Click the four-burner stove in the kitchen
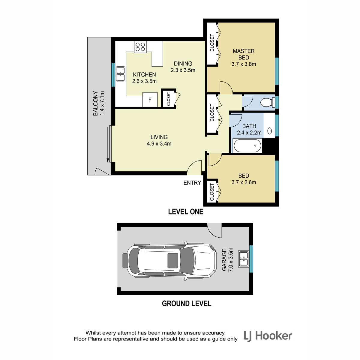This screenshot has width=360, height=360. pos(140,47)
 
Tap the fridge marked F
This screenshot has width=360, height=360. pos(150,100)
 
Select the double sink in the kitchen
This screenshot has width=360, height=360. pos(121,74)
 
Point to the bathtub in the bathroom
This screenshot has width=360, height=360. pos(247,146)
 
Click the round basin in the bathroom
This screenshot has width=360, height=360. pos(270,131)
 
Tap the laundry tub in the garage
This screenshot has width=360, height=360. pos(244,259)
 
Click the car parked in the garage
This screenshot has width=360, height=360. pos(169,261)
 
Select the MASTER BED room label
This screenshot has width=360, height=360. pos(244,54)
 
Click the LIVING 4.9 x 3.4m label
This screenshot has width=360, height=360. pos(159,140)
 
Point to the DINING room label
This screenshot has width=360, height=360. pos(183,64)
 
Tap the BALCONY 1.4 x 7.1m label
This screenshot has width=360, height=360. pos(98,103)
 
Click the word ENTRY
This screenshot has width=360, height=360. pos(192,182)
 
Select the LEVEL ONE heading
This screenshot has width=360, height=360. pos(186,212)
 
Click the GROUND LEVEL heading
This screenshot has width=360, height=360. pos(186,303)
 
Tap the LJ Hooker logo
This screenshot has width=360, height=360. pos(268,336)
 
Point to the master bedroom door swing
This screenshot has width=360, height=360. pos(226,87)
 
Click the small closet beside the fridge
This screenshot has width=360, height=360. pos(169,99)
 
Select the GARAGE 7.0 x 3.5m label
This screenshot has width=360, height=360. pos(227,259)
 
